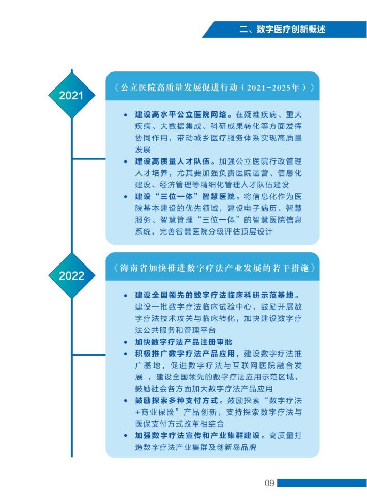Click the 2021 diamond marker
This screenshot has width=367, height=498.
coord(72,95)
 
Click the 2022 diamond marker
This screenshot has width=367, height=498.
coord(72,275)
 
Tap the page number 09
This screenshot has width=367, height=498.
coord(269,483)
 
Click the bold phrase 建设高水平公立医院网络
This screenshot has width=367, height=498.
coord(181,114)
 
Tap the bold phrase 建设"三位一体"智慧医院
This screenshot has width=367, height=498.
coord(185,197)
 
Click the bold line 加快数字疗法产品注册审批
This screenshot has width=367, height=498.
coord(183,342)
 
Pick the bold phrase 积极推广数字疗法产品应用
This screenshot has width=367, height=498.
coord(185,354)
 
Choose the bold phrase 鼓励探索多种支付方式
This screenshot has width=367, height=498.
coord(177,401)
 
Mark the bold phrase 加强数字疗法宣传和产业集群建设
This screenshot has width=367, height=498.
coord(197,435)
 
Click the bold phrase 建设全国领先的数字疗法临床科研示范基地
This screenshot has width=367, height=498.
coord(215,295)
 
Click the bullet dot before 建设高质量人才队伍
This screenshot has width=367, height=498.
coord(126,162)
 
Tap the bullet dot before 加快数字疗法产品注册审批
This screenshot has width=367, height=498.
coord(126,342)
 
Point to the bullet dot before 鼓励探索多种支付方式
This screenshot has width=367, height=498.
coord(126,401)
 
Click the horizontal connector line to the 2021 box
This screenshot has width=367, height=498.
coord(89,159)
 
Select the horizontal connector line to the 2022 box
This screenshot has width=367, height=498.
coord(89,355)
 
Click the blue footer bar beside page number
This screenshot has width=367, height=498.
coord(322,483)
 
